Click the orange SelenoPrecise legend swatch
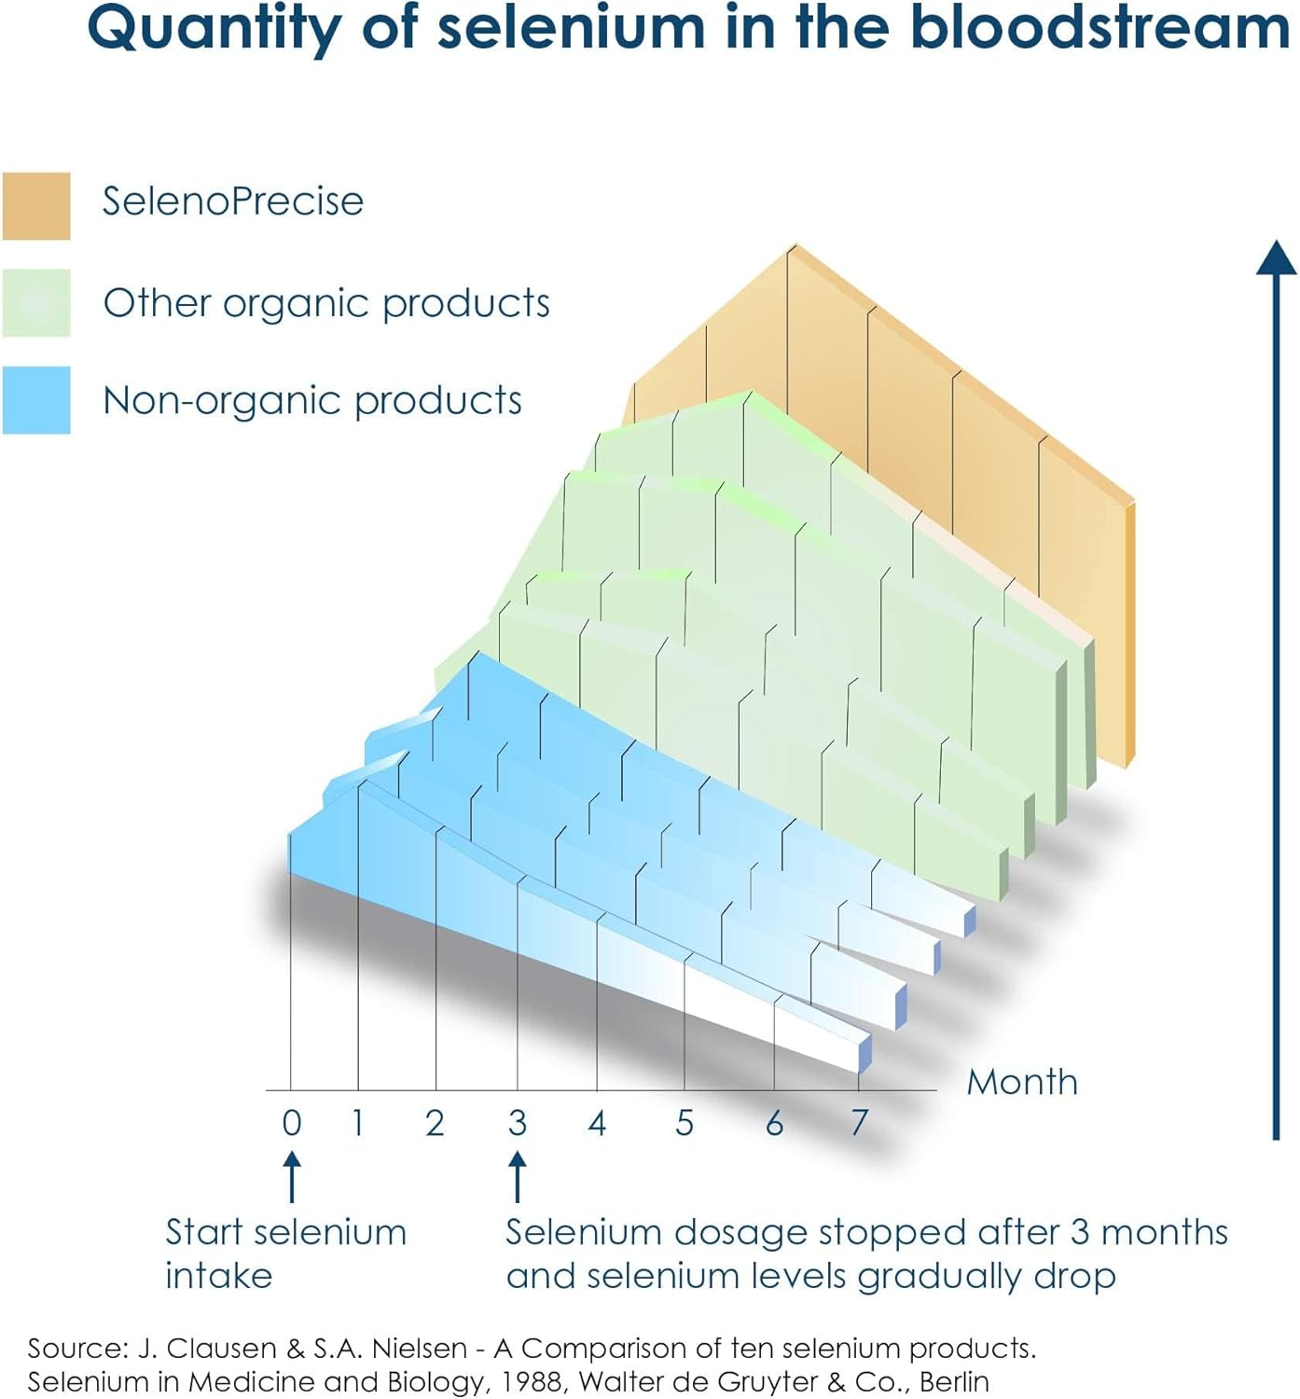click(x=36, y=205)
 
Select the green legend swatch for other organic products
click(x=36, y=302)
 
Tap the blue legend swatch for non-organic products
click(x=36, y=399)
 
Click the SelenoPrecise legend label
click(x=232, y=201)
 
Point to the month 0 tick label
click(x=292, y=1123)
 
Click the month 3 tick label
click(x=518, y=1123)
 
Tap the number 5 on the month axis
click(x=685, y=1123)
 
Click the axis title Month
click(x=1022, y=1082)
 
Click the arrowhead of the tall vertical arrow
click(x=1276, y=257)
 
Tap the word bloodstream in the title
click(x=1100, y=28)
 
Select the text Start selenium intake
click(x=285, y=1253)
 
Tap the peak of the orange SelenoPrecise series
click(x=794, y=247)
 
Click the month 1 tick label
click(x=358, y=1123)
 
